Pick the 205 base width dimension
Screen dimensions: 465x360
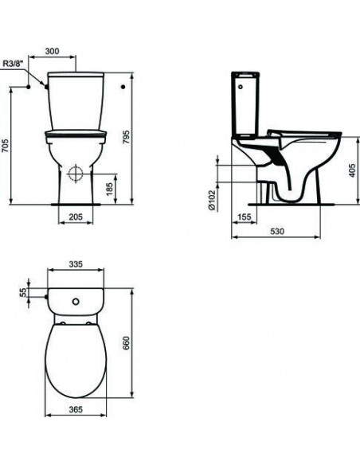point(76,217)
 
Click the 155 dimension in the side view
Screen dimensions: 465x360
point(244,217)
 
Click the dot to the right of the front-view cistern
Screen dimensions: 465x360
point(124,84)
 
